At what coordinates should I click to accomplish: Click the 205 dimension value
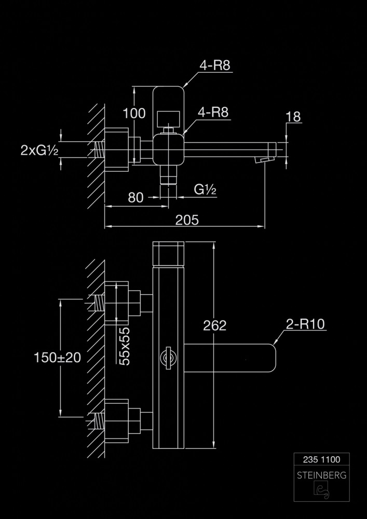tap(187, 220)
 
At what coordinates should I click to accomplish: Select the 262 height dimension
tap(215, 325)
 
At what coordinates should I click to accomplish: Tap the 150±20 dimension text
tap(57, 357)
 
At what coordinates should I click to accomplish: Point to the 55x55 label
tap(124, 346)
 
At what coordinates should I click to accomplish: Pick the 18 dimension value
tap(293, 117)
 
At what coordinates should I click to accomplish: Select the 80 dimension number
tap(135, 198)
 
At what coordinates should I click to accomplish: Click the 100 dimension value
tap(134, 113)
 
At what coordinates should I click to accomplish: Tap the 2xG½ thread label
tap(39, 150)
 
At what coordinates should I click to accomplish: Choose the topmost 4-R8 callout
tap(214, 65)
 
